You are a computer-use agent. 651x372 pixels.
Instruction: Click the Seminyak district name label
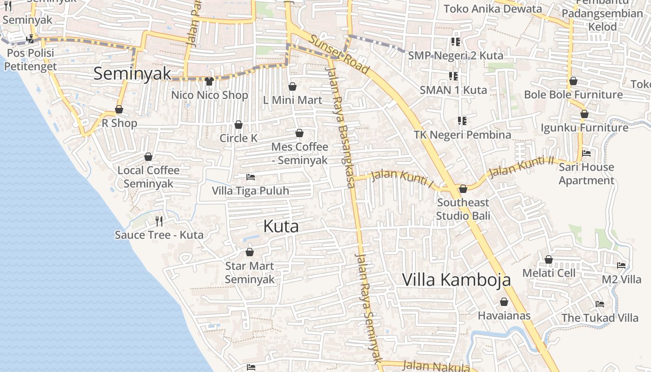tap(133, 74)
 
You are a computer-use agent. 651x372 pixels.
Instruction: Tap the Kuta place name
tap(281, 226)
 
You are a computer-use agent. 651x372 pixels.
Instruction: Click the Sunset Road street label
tap(339, 54)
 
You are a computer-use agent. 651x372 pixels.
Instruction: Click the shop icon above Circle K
tap(239, 125)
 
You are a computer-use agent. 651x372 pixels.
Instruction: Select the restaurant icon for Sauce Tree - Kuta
tap(159, 221)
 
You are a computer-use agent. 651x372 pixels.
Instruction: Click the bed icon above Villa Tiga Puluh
tap(250, 177)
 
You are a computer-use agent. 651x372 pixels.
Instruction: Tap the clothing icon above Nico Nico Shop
tap(209, 81)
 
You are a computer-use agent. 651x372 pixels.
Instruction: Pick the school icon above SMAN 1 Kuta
tap(453, 76)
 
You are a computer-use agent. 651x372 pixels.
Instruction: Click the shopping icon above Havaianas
tap(504, 302)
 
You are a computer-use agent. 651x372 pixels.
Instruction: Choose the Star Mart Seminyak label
tap(250, 272)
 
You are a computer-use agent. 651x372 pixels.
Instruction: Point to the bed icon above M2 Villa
tap(621, 266)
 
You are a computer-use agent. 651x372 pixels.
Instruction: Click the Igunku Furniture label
tap(584, 127)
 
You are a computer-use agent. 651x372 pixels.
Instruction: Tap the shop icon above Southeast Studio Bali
tap(463, 189)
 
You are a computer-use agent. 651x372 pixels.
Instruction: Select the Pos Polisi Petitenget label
tap(30, 60)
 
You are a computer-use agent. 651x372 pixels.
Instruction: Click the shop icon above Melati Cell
tap(549, 259)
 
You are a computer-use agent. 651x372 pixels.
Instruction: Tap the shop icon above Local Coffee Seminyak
tap(148, 157)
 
